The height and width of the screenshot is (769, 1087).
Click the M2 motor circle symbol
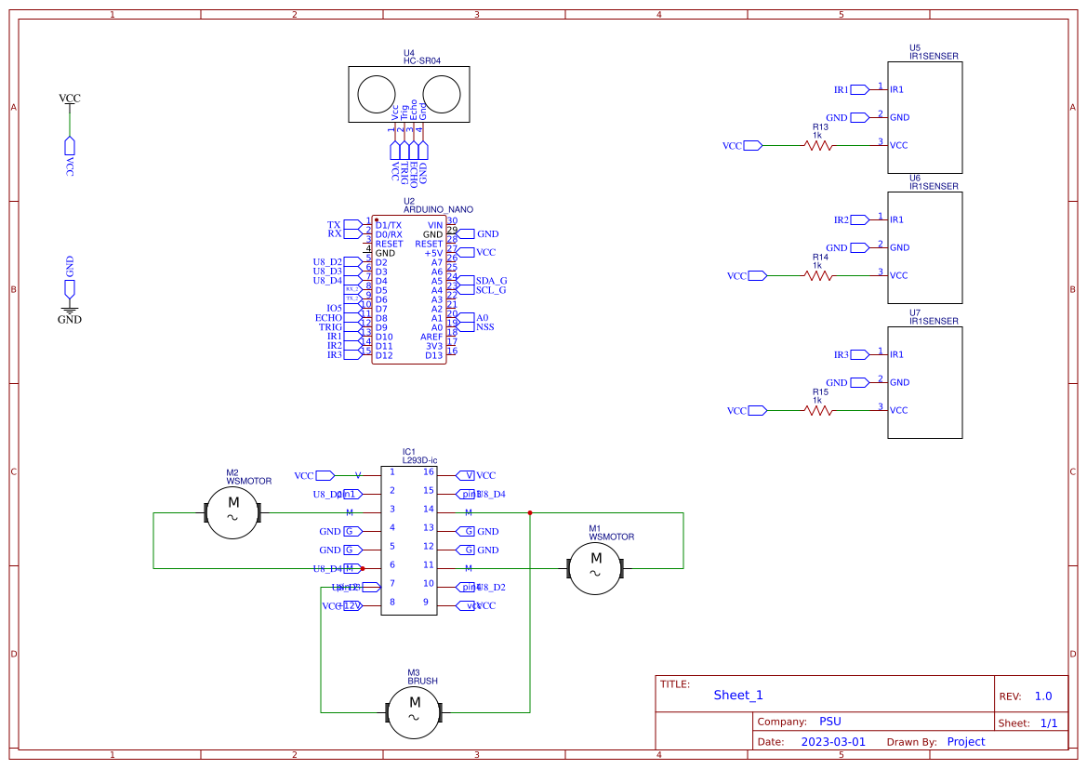click(x=232, y=512)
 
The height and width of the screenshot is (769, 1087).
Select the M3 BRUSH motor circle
click(x=415, y=712)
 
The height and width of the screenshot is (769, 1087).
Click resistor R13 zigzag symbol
click(x=818, y=145)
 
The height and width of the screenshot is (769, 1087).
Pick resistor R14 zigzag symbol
click(x=818, y=275)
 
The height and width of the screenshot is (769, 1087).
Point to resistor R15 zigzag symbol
click(x=818, y=410)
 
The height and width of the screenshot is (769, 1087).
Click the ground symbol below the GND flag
click(x=70, y=309)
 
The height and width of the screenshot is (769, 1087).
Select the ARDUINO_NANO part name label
click(x=438, y=210)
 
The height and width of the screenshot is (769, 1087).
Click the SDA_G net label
click(x=491, y=280)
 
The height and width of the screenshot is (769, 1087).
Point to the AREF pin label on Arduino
click(x=431, y=337)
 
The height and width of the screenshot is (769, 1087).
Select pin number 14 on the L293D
click(x=428, y=509)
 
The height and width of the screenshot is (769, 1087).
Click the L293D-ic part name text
click(x=419, y=460)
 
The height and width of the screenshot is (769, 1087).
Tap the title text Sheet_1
click(x=738, y=696)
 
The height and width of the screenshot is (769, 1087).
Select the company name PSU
click(x=829, y=722)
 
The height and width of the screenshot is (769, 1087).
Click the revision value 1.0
click(x=1042, y=696)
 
